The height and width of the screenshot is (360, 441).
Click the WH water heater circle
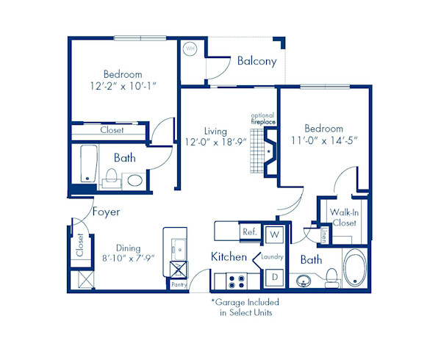(x=190, y=48)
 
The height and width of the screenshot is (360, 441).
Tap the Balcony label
(x=257, y=62)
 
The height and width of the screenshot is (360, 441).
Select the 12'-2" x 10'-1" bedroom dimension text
(x=123, y=87)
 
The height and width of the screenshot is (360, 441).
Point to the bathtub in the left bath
(x=88, y=164)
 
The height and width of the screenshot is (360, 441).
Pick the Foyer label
(x=106, y=212)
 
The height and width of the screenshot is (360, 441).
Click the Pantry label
(x=179, y=282)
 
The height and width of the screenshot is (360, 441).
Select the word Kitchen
(x=229, y=257)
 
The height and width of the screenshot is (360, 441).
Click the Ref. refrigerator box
(x=248, y=232)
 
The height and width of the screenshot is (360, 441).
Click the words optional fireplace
(x=262, y=119)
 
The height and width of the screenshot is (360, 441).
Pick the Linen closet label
(x=324, y=234)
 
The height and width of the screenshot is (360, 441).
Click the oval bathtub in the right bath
(x=356, y=270)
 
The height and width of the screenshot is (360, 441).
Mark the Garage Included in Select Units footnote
(x=245, y=307)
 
